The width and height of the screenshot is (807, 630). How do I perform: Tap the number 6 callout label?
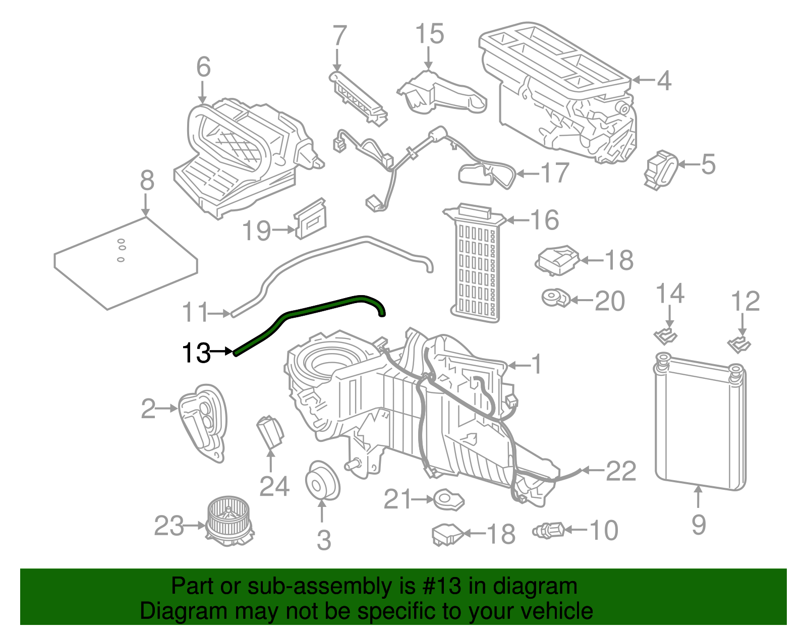tap(203, 67)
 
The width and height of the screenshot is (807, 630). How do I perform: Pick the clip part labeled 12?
tap(739, 345)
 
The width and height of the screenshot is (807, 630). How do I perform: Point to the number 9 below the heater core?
tap(699, 525)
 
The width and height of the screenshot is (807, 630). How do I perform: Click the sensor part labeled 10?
tap(548, 530)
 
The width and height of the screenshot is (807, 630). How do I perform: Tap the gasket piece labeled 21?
tap(448, 500)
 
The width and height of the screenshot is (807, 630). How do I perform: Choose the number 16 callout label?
tap(545, 220)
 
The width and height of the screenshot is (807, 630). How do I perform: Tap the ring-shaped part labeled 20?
tap(555, 298)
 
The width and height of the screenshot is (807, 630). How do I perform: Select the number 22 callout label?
tap(621, 471)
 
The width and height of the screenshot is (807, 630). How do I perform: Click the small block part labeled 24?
tap(271, 432)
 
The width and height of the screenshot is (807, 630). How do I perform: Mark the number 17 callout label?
tap(555, 174)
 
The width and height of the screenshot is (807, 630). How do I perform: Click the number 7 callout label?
tap(340, 36)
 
